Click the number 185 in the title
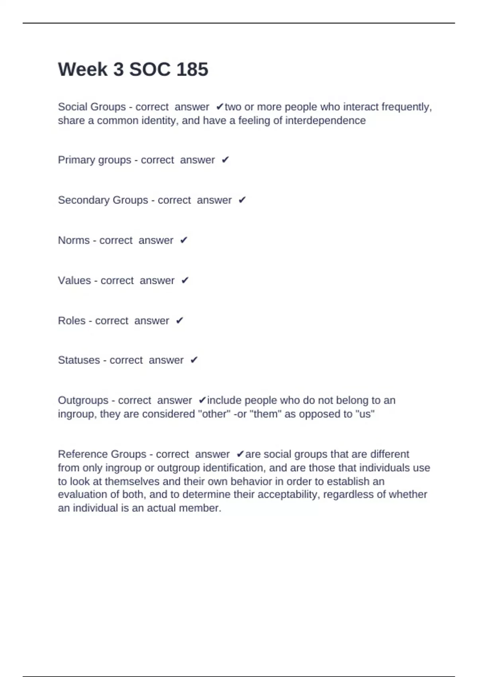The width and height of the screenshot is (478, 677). [x=192, y=69]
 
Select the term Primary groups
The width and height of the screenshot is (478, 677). [x=94, y=160]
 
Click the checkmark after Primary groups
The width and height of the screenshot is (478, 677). [x=225, y=160]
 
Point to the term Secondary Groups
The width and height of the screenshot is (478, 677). [x=103, y=200]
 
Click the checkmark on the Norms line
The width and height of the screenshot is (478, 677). [x=184, y=240]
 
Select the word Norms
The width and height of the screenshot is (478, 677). [x=74, y=240]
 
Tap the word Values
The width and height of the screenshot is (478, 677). [x=74, y=280]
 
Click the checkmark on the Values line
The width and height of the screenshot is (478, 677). [x=185, y=280]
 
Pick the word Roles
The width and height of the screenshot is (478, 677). [x=72, y=321]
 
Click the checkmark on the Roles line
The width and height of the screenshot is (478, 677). [x=180, y=321]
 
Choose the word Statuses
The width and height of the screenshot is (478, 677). [x=79, y=360]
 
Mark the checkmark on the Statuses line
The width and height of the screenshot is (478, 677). [x=194, y=360]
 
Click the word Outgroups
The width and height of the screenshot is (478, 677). [x=83, y=400]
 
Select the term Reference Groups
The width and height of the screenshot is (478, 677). [x=102, y=454]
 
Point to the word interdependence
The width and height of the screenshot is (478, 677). [x=325, y=120]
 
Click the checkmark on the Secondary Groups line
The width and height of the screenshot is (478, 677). [x=242, y=200]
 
